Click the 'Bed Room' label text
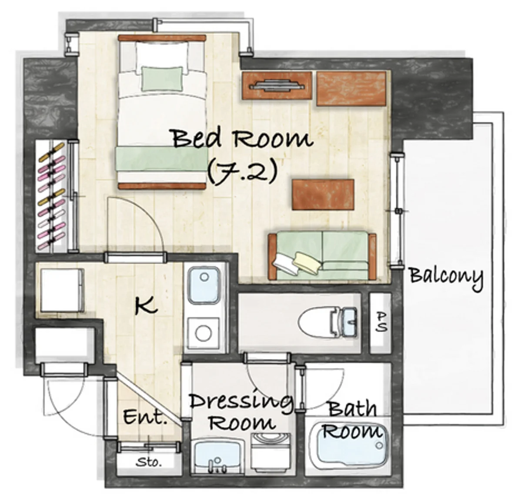(x=242, y=138)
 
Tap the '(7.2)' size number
(x=242, y=172)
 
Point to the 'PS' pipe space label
(x=381, y=322)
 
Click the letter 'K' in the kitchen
(x=145, y=307)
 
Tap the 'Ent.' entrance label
(x=145, y=416)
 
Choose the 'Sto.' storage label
(x=149, y=462)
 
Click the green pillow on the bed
(x=161, y=79)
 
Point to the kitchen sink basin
(x=204, y=285)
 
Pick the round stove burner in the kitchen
(x=203, y=333)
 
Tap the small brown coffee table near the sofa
(x=323, y=194)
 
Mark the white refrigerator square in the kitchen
(x=62, y=291)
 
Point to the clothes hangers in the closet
(x=52, y=196)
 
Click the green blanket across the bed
(x=162, y=159)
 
